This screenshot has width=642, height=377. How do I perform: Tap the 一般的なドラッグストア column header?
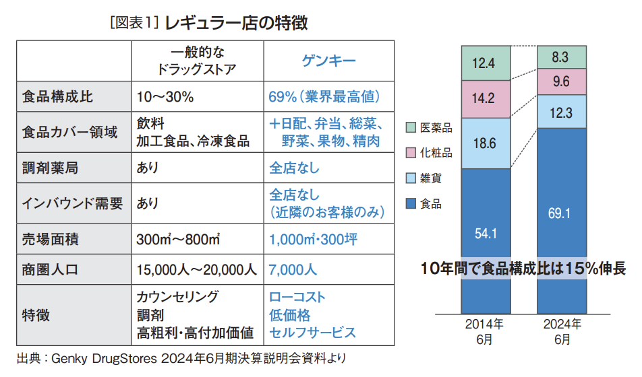pos(196,61)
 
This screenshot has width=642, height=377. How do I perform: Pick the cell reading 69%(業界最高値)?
pos(324,97)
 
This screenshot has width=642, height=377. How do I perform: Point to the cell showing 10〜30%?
pos(165,97)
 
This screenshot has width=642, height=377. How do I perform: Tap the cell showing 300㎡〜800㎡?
pos(179,239)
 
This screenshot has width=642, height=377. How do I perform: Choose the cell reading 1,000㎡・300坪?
pos(313,239)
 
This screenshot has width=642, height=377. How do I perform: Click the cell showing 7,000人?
pos(293,270)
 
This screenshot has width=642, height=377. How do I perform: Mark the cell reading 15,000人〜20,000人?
pos(196,270)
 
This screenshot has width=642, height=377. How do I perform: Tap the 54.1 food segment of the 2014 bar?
pos(485,234)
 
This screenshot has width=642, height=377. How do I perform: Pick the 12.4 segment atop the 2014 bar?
pos(485,64)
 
